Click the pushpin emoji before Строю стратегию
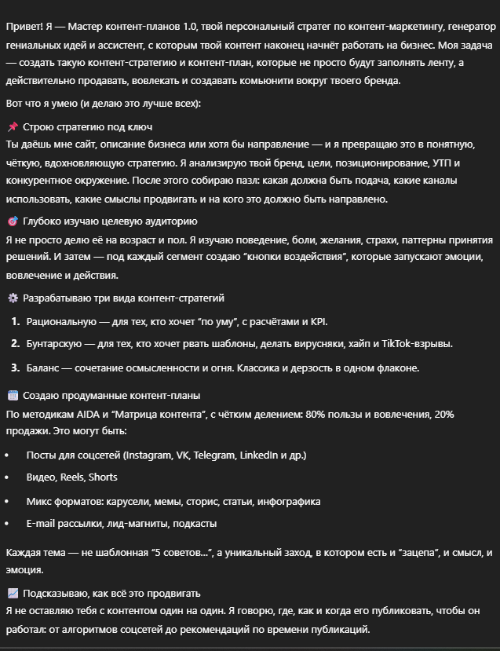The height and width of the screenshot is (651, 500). (13, 126)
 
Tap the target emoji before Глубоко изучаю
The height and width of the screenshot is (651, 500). (13, 221)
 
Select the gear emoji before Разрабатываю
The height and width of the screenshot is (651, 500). (13, 298)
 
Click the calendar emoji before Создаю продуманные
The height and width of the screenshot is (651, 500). (13, 395)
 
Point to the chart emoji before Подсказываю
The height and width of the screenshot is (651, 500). (13, 593)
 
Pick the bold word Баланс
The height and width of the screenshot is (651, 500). (45, 367)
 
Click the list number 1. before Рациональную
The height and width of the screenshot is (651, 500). (16, 321)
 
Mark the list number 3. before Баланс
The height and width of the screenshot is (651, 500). (16, 367)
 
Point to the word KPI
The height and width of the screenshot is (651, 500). (319, 321)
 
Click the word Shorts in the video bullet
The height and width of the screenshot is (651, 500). (103, 477)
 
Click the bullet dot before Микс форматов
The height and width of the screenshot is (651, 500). (7, 501)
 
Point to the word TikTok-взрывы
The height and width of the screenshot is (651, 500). (417, 344)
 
